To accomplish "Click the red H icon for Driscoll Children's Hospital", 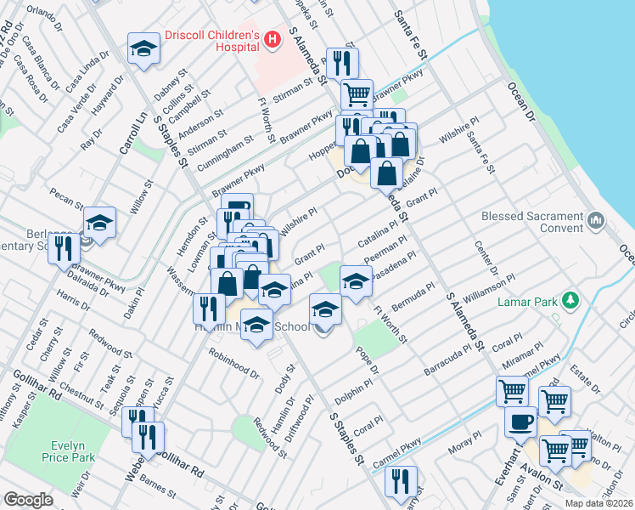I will [x=272, y=38].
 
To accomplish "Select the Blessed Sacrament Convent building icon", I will [x=596, y=223].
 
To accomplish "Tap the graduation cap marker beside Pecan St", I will [x=99, y=224].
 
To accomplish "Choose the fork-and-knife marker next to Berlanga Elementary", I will [x=64, y=250].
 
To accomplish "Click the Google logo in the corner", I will [x=28, y=500].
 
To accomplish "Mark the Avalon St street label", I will [x=546, y=483].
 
